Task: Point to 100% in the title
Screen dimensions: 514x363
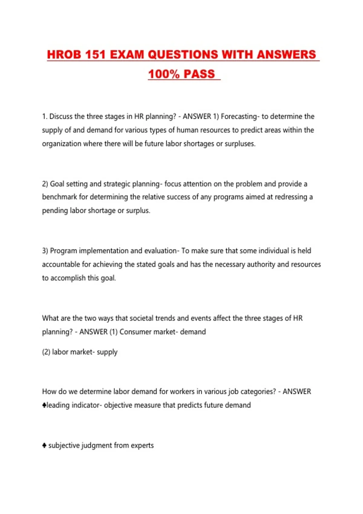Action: click(164, 74)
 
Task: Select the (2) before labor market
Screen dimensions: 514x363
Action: click(46, 352)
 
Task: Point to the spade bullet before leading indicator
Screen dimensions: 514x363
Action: click(44, 405)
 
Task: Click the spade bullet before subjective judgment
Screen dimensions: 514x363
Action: click(44, 445)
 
